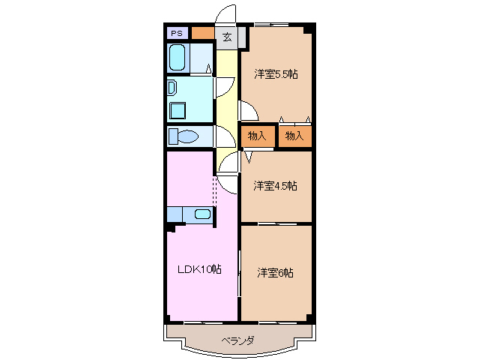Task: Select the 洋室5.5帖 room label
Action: pyautogui.click(x=275, y=74)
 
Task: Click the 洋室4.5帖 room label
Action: pyautogui.click(x=274, y=185)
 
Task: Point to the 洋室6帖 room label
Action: pyautogui.click(x=275, y=271)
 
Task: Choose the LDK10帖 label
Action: pyautogui.click(x=199, y=268)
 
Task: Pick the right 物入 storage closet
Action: pyautogui.click(x=294, y=136)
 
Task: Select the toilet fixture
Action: pyautogui.click(x=182, y=136)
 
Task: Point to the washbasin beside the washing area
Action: pyautogui.click(x=171, y=87)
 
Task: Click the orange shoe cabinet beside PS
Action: pyautogui.click(x=202, y=33)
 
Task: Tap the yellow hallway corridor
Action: pyautogui.click(x=226, y=105)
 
